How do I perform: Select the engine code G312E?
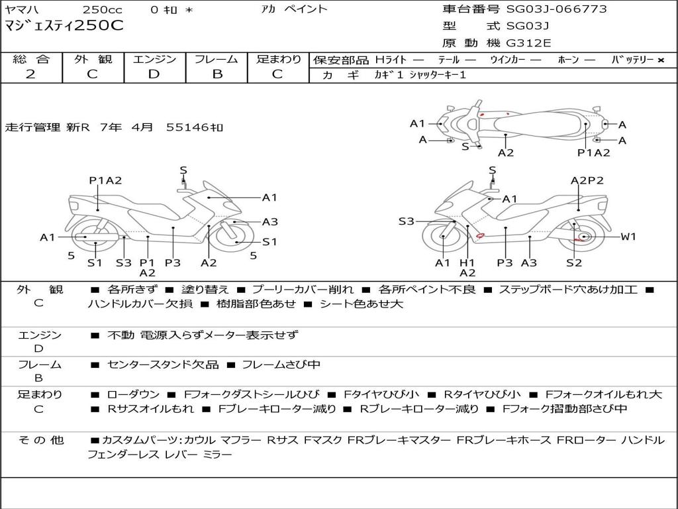(528, 43)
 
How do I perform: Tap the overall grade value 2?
(30, 74)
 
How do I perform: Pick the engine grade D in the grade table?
(154, 74)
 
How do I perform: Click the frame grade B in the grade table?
(217, 74)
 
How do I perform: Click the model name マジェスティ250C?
(64, 26)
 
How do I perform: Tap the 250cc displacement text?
(101, 9)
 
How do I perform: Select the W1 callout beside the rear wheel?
(628, 237)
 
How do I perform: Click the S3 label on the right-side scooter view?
(406, 221)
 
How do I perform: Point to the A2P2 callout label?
(587, 180)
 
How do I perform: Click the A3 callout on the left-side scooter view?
(269, 222)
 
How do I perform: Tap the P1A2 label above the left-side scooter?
(106, 180)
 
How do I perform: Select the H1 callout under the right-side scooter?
(467, 263)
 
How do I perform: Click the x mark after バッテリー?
(660, 60)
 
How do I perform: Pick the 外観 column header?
(92, 60)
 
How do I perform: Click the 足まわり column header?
(279, 60)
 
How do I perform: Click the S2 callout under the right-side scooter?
(573, 263)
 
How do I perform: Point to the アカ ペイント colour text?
(293, 9)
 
